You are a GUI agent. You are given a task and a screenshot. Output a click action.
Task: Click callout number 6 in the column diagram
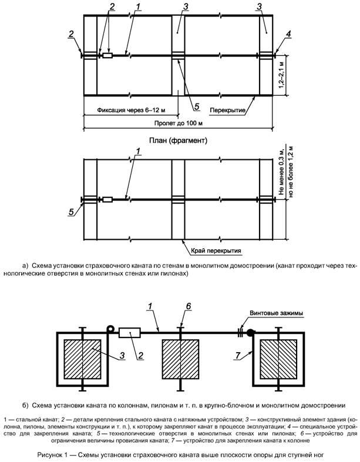point(188,306)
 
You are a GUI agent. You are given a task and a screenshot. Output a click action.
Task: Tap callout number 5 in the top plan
point(197,106)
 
